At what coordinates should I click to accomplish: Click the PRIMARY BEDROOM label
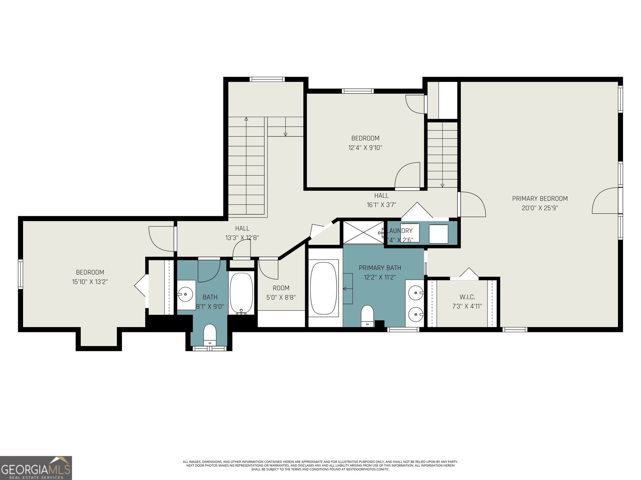pos(540,198)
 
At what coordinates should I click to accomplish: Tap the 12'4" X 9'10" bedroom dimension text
pos(365,148)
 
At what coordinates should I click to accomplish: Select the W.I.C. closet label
pos(467,297)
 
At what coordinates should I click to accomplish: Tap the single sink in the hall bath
pos(185,295)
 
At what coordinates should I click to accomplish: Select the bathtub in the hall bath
pos(241,293)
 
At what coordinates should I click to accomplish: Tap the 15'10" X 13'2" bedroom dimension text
pos(90,282)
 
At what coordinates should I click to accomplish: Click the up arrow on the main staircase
pos(246,119)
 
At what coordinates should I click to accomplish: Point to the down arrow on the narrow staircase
pos(442,185)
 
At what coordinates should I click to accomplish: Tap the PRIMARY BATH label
pos(380,268)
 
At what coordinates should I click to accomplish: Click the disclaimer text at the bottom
pos(320,465)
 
